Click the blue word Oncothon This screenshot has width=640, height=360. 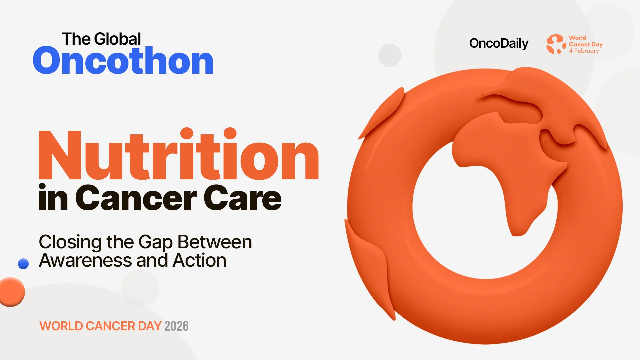click(123, 61)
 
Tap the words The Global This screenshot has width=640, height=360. click(101, 39)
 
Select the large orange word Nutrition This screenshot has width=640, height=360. click(179, 155)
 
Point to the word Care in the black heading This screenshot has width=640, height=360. click(243, 199)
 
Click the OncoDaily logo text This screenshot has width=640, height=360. click(499, 43)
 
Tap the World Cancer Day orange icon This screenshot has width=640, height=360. click(556, 44)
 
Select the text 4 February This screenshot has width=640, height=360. click(584, 51)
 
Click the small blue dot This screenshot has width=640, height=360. click(23, 264)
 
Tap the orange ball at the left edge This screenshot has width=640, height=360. click(11, 292)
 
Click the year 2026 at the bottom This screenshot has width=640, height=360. click(176, 326)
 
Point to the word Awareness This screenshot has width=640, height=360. click(85, 260)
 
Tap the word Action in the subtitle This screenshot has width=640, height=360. click(199, 260)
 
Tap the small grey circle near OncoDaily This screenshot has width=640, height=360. click(390, 55)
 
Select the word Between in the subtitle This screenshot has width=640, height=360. click(215, 242)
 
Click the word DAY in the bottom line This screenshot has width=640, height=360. click(150, 326)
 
